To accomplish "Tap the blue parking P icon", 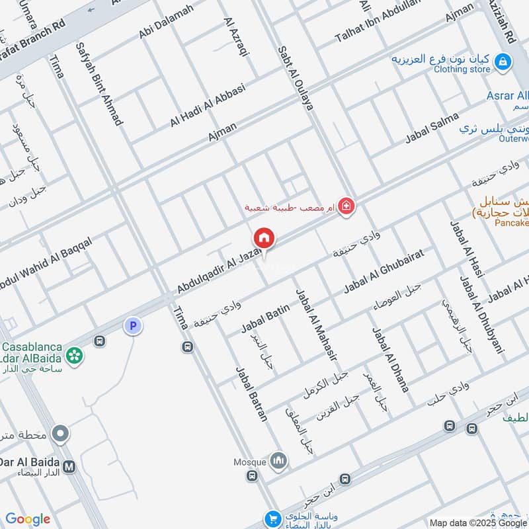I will click(x=133, y=325).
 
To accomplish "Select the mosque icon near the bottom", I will click(x=279, y=462).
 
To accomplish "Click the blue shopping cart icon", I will click(x=271, y=518).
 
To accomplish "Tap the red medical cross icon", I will click(x=345, y=208).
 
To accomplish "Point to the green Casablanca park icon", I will click(x=75, y=354).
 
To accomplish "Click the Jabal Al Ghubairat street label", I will click(x=383, y=270).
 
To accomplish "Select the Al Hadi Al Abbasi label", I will click(x=208, y=105).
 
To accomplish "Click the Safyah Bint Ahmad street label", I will click(x=99, y=84).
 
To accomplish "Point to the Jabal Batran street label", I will click(x=252, y=393).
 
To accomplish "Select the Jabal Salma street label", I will click(x=432, y=128).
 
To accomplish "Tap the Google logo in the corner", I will click(x=28, y=519).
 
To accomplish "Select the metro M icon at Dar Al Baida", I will click(x=69, y=466).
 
